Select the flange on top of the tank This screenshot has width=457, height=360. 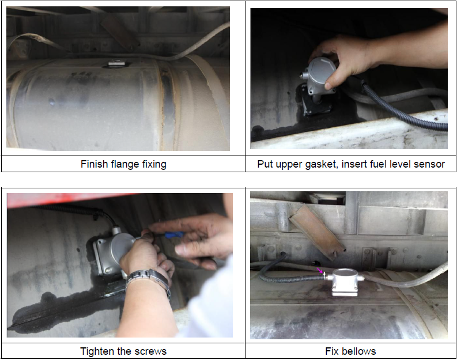(x=115, y=63)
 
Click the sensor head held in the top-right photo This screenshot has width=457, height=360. (x=319, y=76)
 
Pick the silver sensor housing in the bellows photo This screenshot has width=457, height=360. (x=345, y=281)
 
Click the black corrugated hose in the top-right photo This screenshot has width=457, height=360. (x=402, y=108)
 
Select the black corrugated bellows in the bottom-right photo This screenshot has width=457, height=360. (x=292, y=275)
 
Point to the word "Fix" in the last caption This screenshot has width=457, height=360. (x=332, y=351)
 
